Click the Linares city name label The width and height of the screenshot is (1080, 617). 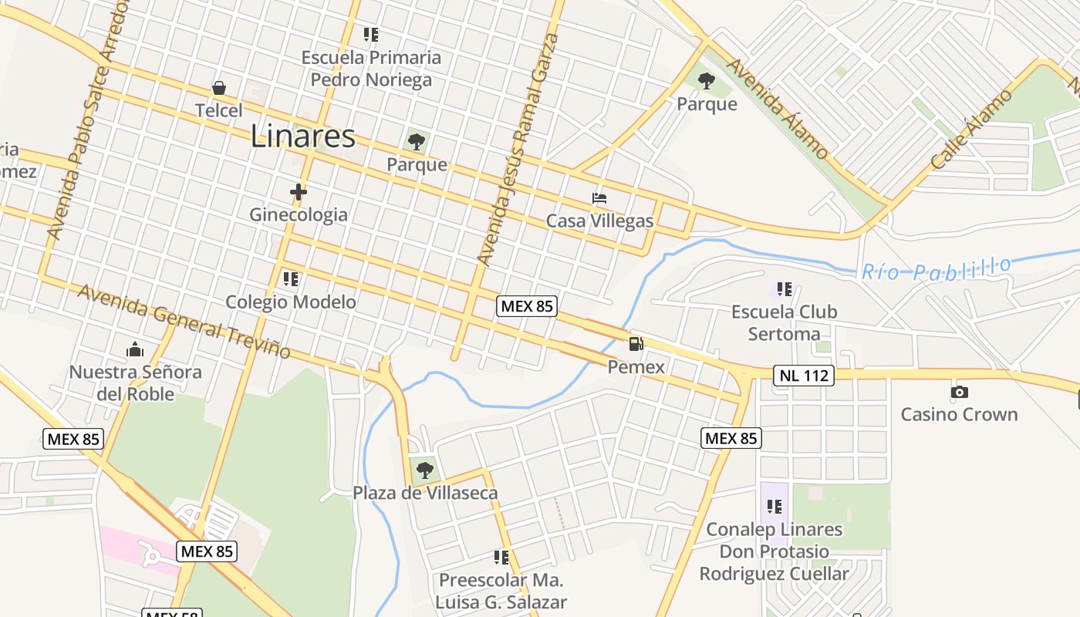[x=302, y=137]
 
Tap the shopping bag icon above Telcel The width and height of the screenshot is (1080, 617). [x=219, y=87]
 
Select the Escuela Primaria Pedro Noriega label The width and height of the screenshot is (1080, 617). [x=371, y=69]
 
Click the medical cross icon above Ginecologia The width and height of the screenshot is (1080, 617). [x=299, y=191]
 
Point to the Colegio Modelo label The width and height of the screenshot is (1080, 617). [x=291, y=302]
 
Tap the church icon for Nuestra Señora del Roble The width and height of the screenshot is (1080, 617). [x=135, y=349]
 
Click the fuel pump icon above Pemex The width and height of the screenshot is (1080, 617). [x=636, y=344]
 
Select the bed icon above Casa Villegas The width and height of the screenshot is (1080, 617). [x=599, y=198]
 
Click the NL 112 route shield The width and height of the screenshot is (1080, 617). [x=804, y=376]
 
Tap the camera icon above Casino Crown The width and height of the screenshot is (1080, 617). [x=959, y=392]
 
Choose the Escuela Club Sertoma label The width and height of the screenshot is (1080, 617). [x=784, y=322]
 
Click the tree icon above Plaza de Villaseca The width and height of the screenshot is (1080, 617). [x=424, y=470]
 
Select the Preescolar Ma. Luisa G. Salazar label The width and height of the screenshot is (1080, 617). [x=501, y=591]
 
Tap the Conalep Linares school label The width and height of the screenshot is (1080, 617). [x=775, y=551]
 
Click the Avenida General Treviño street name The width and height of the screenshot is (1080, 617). [x=184, y=322]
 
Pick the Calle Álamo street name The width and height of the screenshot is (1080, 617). [x=971, y=130]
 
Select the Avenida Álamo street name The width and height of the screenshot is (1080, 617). [x=778, y=110]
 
